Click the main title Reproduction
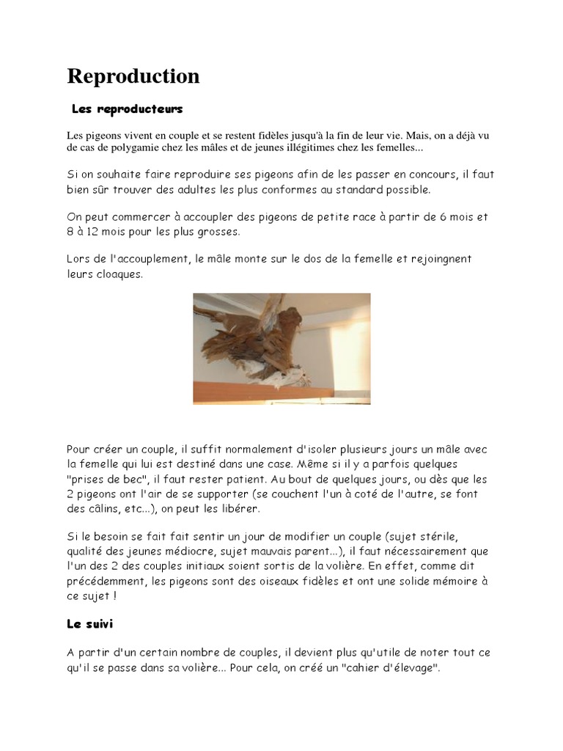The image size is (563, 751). pyautogui.click(x=133, y=76)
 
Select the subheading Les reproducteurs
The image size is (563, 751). pyautogui.click(x=127, y=109)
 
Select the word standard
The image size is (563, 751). pyautogui.click(x=356, y=189)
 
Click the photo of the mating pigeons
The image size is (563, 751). pyautogui.click(x=281, y=349)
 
